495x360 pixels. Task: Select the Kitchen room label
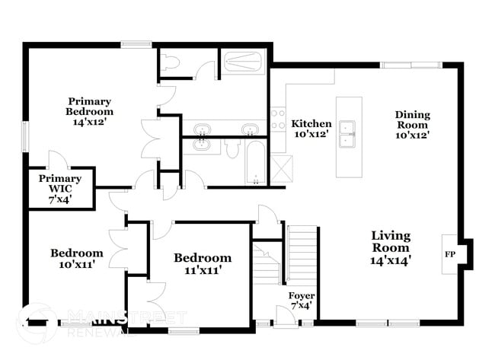pos(312,129)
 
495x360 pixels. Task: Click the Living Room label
pos(391,247)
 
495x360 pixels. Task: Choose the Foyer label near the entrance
pos(301,300)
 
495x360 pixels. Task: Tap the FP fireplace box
pos(449,254)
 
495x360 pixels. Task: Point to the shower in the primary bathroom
pos(244,61)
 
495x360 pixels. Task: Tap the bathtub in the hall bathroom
pos(255,161)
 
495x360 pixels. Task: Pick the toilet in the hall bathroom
pos(233,148)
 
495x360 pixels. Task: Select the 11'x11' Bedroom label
pos(202,263)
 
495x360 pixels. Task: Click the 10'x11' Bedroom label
pos(77,259)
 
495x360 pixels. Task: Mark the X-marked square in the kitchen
pos(281,166)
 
